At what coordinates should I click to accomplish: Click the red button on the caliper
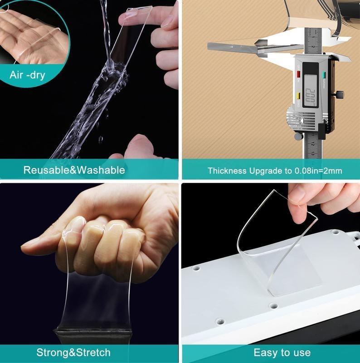pos(298,74)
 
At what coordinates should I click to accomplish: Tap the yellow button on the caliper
pos(298,95)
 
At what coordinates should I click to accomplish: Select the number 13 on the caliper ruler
pos(313,153)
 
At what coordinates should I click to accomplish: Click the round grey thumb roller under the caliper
pos(298,136)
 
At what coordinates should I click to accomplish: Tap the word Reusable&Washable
pos(74,170)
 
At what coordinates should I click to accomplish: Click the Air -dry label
pos(27,75)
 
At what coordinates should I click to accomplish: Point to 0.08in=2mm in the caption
pos(318,171)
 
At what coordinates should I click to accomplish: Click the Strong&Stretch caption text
pos(73,353)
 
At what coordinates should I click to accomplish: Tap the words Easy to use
pos(282,353)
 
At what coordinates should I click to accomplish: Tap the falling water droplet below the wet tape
pos(101,139)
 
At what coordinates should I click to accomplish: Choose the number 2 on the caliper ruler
pos(313,47)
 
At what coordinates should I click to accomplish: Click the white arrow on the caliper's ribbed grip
pos(302,120)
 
